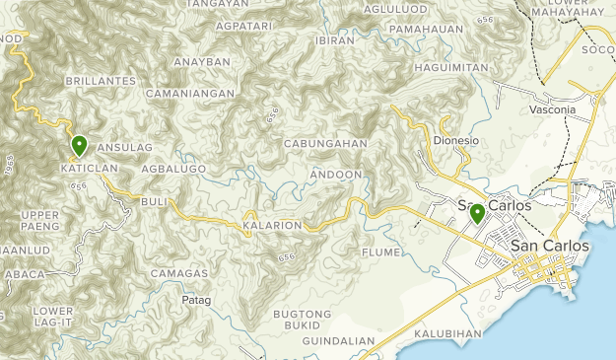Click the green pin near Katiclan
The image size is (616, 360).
[79, 146]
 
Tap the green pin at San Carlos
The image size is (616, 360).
[477, 213]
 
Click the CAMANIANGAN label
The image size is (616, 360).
[190, 94]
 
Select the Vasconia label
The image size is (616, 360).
[552, 109]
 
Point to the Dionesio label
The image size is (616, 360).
[455, 140]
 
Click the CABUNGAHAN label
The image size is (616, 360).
[325, 143]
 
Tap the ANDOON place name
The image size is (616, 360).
[337, 175]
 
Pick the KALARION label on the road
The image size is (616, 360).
[272, 225]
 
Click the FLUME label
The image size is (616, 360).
[381, 252]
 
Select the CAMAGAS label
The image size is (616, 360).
[179, 272]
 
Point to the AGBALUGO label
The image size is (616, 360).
[172, 169]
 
